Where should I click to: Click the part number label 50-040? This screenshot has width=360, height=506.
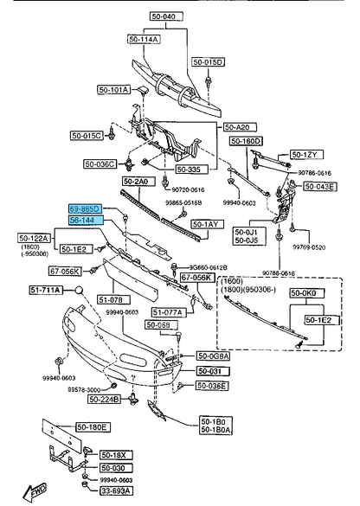pyautogui.click(x=164, y=16)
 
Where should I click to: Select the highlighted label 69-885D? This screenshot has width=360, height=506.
pyautogui.click(x=86, y=209)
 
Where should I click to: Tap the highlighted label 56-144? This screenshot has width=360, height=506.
pyautogui.click(x=86, y=221)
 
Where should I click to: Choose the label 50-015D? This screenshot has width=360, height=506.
pyautogui.click(x=209, y=62)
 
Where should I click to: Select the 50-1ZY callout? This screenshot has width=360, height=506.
pyautogui.click(x=305, y=154)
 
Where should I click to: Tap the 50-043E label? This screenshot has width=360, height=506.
pyautogui.click(x=320, y=187)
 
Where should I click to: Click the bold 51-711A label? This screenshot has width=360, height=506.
pyautogui.click(x=46, y=290)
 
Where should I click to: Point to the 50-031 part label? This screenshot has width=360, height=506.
pyautogui.click(x=209, y=370)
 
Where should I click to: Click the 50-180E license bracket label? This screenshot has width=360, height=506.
pyautogui.click(x=92, y=426)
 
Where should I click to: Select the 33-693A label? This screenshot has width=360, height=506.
pyautogui.click(x=114, y=490)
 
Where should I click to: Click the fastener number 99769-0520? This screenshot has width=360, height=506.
pyautogui.click(x=309, y=247)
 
